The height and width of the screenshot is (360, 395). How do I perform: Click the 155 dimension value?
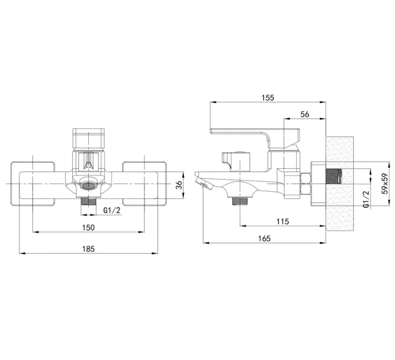click(268, 97)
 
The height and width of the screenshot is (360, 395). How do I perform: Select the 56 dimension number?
click(305, 114)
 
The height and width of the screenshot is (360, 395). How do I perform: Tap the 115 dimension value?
click(283, 222)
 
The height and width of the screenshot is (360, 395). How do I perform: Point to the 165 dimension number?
click(264, 238)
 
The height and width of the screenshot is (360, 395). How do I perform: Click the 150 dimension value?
click(88, 227)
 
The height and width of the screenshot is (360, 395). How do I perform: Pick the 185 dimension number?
click(88, 249)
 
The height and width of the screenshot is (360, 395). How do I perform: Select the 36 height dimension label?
click(178, 185)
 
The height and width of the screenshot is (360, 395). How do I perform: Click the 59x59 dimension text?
click(384, 183)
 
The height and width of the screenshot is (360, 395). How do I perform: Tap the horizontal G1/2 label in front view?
click(112, 211)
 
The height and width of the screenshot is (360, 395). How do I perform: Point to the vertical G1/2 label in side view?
click(366, 199)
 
